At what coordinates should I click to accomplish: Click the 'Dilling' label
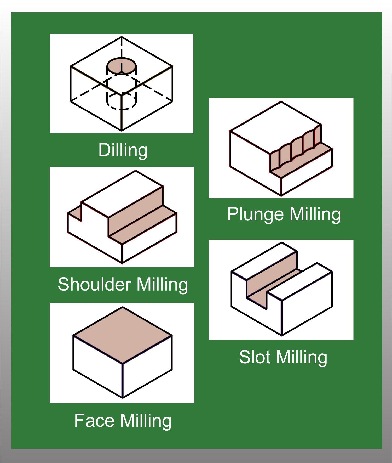click(123, 150)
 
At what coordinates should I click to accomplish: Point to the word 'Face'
click(94, 421)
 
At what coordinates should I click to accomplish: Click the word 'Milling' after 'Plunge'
click(315, 214)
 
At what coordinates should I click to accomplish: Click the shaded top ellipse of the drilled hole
click(122, 66)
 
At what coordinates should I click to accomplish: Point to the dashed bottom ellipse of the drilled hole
click(122, 101)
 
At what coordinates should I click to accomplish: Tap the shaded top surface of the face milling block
click(122, 335)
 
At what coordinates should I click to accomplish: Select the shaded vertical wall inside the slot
click(272, 274)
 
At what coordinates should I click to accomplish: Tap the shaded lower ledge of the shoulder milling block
click(143, 225)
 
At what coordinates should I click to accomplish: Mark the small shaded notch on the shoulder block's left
click(75, 212)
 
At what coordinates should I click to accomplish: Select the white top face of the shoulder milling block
click(122, 194)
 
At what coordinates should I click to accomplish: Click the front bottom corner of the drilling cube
click(122, 131)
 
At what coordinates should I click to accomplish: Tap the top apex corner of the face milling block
click(122, 307)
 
